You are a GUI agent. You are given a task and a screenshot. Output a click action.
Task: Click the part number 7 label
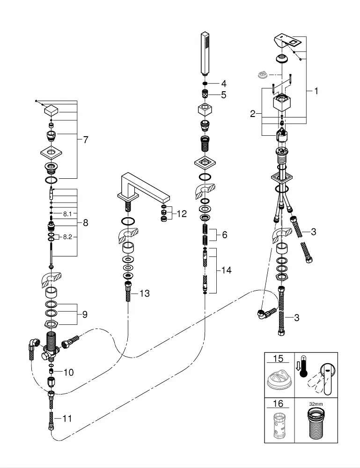click(85, 139)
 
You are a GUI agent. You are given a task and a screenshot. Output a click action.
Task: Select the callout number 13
click(144, 293)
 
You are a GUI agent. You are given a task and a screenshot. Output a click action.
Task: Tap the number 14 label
click(227, 271)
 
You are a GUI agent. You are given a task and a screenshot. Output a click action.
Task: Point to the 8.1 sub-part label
click(67, 214)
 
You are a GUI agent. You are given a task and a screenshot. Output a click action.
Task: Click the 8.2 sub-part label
click(67, 237)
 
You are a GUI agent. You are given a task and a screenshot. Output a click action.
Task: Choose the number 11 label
click(67, 419)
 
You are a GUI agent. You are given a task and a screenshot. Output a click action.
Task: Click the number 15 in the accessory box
click(279, 359)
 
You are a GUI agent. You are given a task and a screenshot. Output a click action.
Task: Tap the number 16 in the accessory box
click(279, 403)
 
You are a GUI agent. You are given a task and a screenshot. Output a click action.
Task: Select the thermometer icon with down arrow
click(301, 366)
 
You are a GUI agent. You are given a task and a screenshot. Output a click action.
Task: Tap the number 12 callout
click(181, 214)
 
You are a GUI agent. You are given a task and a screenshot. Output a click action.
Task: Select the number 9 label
click(84, 314)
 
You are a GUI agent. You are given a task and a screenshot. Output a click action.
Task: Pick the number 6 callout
click(224, 235)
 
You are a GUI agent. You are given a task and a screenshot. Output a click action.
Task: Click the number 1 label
click(316, 91)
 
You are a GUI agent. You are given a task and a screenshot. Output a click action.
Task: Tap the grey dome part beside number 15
click(279, 379)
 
